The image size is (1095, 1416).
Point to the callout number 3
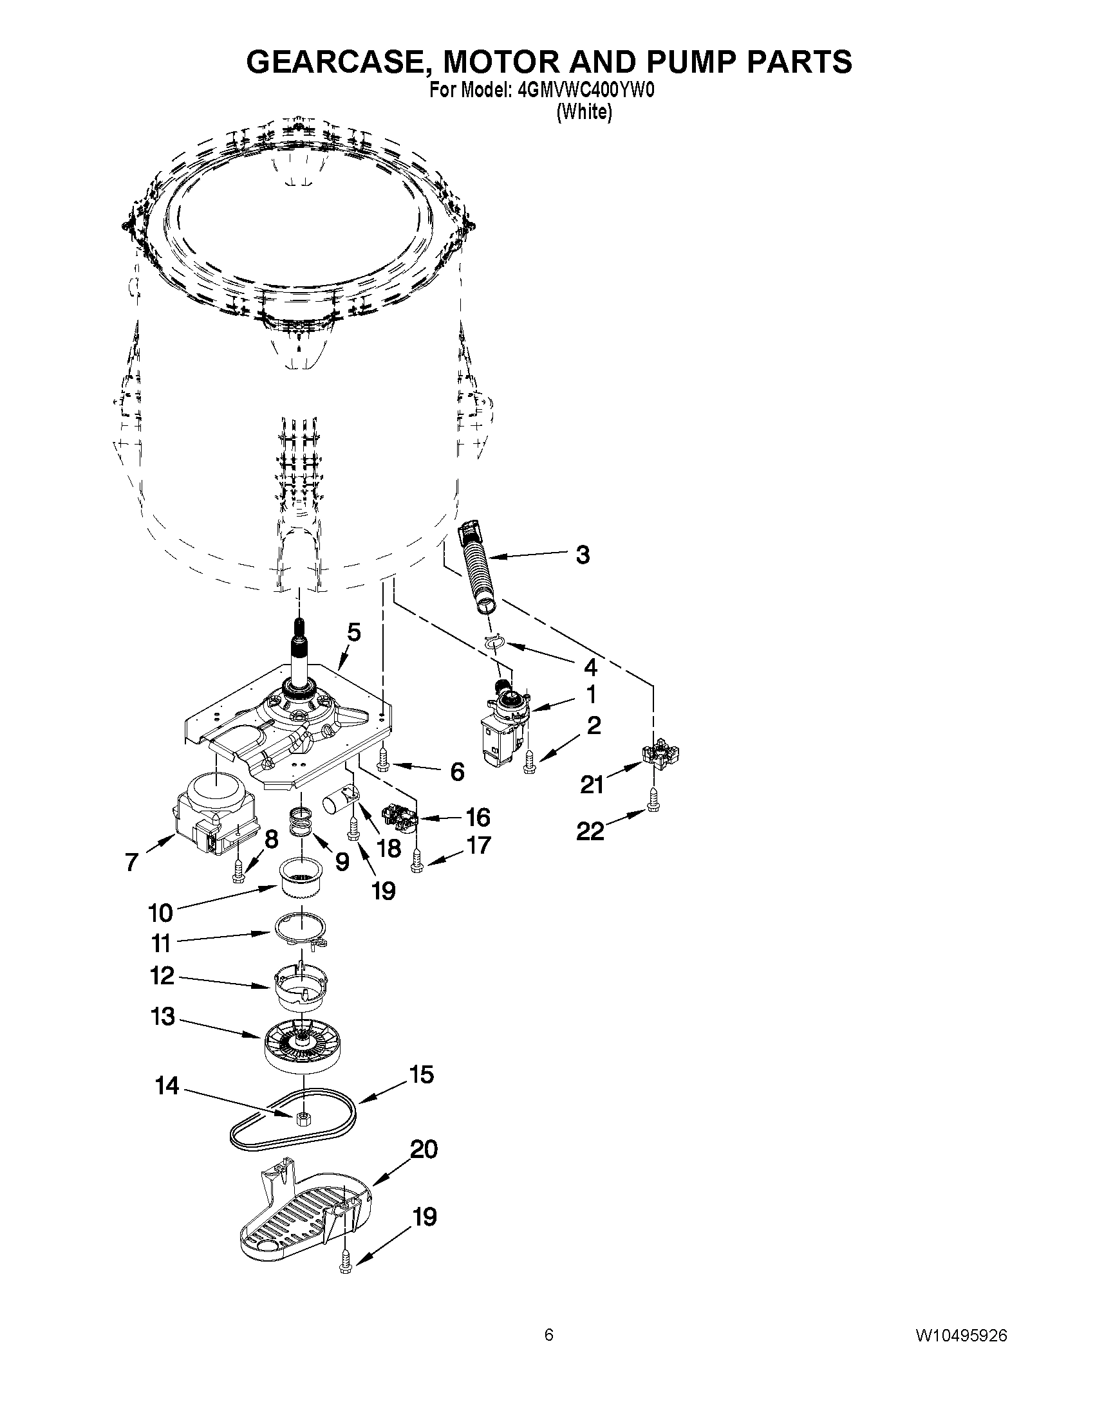tap(583, 555)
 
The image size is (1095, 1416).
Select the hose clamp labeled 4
tap(494, 641)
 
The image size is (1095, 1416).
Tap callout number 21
tap(592, 785)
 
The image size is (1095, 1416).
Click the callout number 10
tap(160, 914)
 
